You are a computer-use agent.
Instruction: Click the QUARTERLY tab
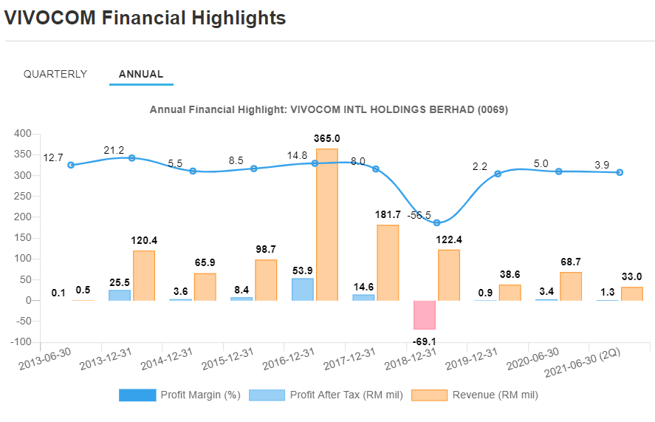pos(55,74)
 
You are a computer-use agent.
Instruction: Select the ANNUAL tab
pos(141,74)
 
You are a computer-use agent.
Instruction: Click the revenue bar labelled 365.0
pos(327,225)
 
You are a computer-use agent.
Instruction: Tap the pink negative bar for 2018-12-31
pos(425,315)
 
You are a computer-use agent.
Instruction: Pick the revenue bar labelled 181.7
pos(388,262)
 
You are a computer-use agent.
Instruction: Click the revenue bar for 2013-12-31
pos(144,276)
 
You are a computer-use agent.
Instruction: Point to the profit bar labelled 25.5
pos(120,295)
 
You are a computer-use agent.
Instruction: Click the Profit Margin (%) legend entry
pos(179,395)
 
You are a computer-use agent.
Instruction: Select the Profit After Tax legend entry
pos(326,395)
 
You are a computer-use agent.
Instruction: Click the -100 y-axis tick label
pos(21,342)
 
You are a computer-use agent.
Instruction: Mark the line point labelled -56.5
pos(436,222)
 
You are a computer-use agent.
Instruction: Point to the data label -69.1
pos(424,341)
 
